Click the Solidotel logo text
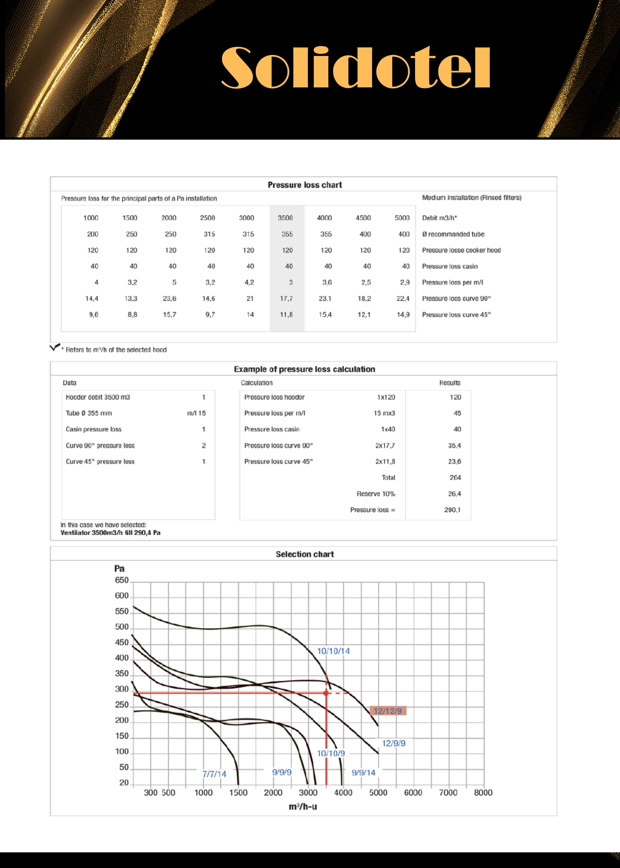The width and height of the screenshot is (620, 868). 356,68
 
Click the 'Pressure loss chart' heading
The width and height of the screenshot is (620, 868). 304,185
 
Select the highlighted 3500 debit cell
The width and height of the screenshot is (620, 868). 285,218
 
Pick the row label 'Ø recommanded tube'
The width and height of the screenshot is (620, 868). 453,234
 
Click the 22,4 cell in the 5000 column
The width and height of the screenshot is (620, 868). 403,299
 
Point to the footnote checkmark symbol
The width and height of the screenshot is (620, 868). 55,347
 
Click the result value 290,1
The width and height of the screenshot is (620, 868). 452,510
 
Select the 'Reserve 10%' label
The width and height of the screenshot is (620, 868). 376,494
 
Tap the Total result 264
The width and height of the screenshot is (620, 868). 455,477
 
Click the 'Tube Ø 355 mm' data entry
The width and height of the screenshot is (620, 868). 89,413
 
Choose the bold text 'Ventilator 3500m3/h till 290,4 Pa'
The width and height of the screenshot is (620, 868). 110,533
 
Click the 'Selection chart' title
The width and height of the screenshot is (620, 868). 304,554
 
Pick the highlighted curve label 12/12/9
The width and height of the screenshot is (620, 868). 387,711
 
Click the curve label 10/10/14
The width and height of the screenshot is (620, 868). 333,651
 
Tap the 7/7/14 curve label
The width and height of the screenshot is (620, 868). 214,774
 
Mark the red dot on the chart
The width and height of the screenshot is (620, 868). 326,693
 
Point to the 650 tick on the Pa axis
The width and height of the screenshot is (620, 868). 122,580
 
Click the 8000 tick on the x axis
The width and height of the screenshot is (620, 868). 483,792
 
